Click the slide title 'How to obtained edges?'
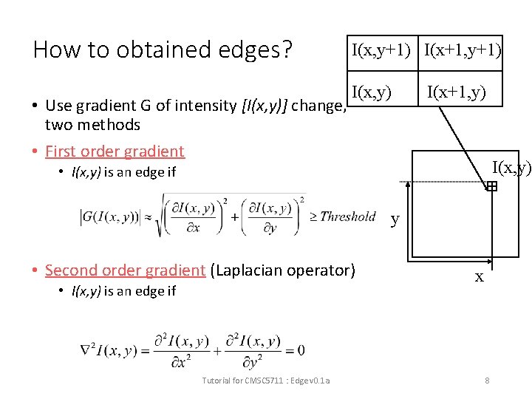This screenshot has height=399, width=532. pos(163,50)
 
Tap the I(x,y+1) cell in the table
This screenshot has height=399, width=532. pos(381,51)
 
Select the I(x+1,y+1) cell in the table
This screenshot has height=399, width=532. pos(463,51)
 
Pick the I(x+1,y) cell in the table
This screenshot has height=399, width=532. pos(456,92)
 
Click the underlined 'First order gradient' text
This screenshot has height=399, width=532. pos(115,151)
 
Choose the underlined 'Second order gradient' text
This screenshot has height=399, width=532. pos(125,270)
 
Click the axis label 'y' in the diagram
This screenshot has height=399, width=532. pos(395,219)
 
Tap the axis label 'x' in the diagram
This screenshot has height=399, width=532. pos(479,276)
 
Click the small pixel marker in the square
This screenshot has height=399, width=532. pos(491,188)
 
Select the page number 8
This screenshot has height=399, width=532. pos(487,381)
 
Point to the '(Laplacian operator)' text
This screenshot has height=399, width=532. pos(283,270)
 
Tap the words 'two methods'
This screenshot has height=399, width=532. pos(92,125)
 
